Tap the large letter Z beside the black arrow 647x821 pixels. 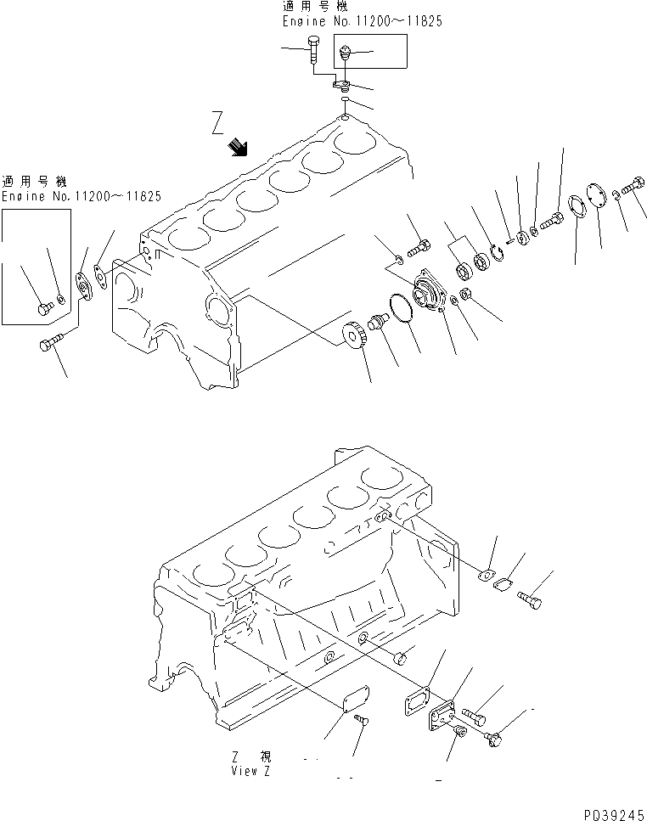click(219, 128)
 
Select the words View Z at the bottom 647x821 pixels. click(249, 772)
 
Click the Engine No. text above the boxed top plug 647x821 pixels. click(362, 21)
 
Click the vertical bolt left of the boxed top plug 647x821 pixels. click(314, 51)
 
